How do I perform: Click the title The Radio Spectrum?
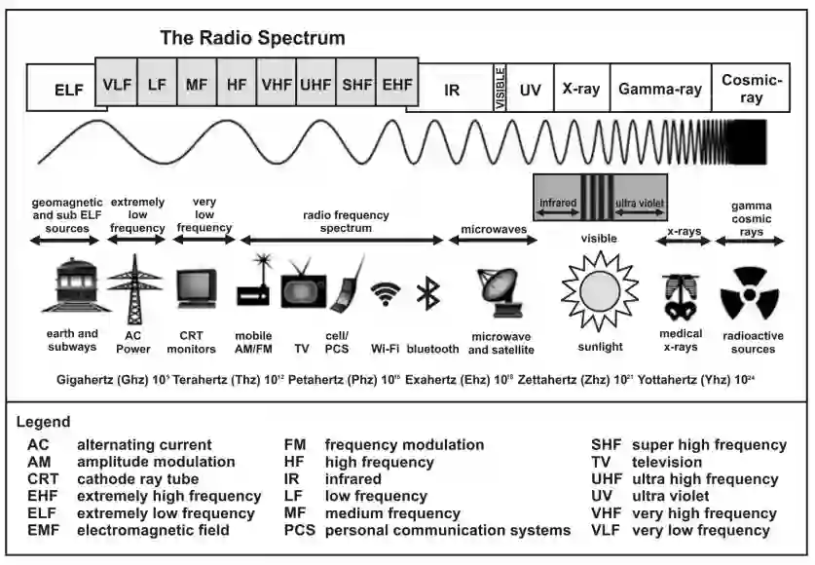coord(252,39)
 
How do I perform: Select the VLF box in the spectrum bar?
coord(117,84)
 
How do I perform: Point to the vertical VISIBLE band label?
coord(500,88)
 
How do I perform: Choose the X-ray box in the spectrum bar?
coord(581,88)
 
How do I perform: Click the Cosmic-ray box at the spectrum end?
coord(751,88)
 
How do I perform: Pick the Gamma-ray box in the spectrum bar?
coord(660,88)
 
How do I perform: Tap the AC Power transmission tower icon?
coord(134,284)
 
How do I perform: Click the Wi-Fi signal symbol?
coord(387,293)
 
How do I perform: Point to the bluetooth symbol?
coord(426,293)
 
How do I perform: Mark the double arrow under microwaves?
coord(492,239)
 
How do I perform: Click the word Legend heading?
coord(43,422)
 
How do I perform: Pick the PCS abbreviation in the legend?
coord(299,530)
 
